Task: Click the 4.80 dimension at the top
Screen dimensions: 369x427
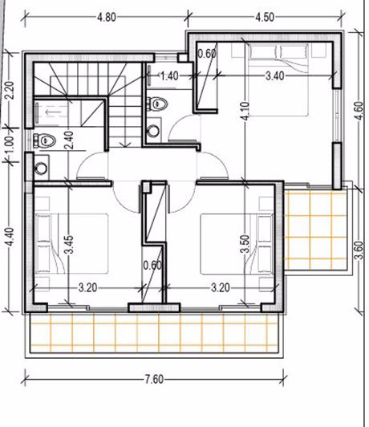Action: click(x=107, y=18)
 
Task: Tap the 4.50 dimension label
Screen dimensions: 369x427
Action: click(x=265, y=17)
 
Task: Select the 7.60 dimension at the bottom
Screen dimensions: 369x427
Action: click(x=154, y=379)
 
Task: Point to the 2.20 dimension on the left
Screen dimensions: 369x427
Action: click(x=9, y=91)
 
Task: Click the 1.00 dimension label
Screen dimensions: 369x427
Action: click(x=9, y=144)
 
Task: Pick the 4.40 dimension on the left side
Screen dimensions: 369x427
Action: click(x=10, y=237)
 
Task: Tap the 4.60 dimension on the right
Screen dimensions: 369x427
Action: click(x=359, y=111)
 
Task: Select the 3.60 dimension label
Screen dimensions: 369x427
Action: click(x=359, y=250)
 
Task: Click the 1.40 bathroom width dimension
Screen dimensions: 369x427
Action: click(x=169, y=76)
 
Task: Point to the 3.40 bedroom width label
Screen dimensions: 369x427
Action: click(x=275, y=76)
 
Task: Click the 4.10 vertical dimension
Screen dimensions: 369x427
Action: click(x=245, y=111)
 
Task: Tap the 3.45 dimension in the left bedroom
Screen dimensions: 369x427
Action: click(x=69, y=245)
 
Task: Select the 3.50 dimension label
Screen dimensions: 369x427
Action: click(x=245, y=244)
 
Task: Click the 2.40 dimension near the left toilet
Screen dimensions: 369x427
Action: click(x=69, y=140)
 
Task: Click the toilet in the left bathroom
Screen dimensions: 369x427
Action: click(x=44, y=140)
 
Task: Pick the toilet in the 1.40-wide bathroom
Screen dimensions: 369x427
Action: click(x=157, y=104)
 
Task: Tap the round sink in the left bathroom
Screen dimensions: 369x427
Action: click(x=42, y=168)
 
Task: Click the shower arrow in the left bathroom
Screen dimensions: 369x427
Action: click(x=51, y=112)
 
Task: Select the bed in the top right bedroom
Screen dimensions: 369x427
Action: click(x=278, y=80)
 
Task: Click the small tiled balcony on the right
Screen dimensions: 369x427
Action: click(x=316, y=229)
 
